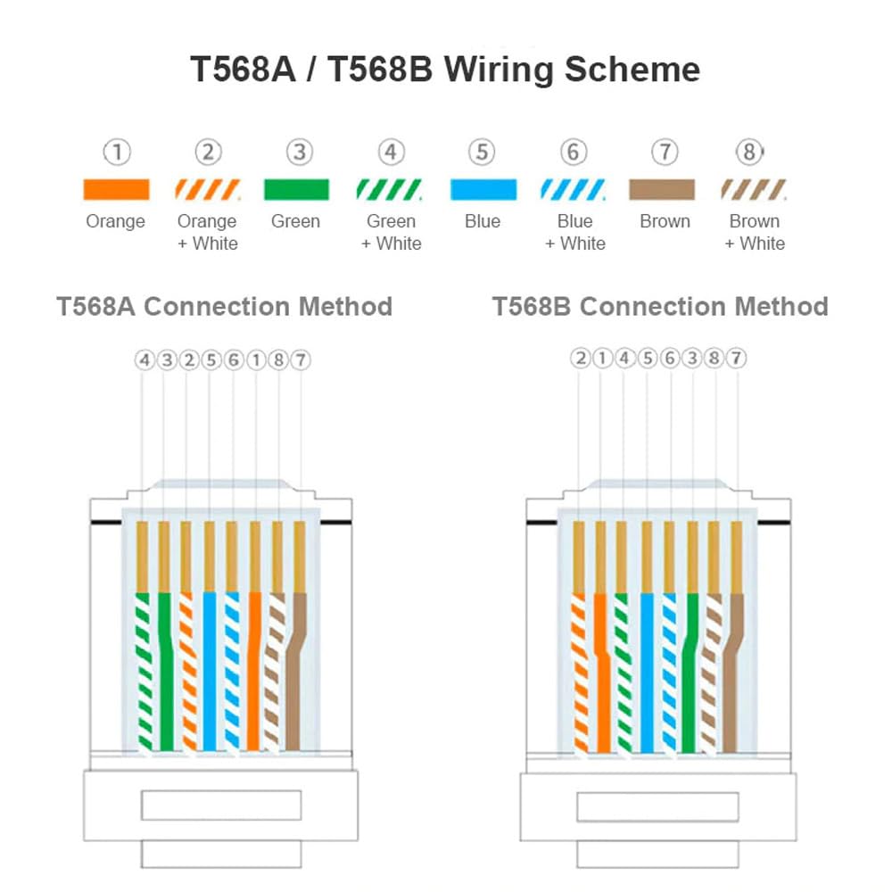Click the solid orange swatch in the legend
(x=116, y=190)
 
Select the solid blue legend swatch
(x=483, y=190)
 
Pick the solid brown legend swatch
(x=664, y=190)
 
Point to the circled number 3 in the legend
(x=299, y=153)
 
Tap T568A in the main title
(x=244, y=69)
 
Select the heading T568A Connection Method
(x=224, y=306)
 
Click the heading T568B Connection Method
(x=660, y=306)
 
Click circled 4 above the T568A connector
(x=144, y=359)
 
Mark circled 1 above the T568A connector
(x=255, y=359)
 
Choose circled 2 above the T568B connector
(x=581, y=359)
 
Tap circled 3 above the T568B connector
(x=691, y=359)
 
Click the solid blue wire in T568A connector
(x=210, y=669)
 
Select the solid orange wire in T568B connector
(x=601, y=669)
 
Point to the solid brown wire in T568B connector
(x=733, y=669)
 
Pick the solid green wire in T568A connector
(x=165, y=669)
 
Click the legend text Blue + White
(x=574, y=232)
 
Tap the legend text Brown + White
(x=755, y=232)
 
